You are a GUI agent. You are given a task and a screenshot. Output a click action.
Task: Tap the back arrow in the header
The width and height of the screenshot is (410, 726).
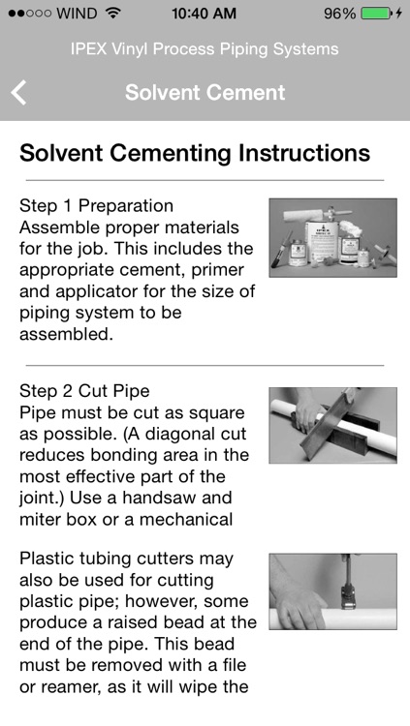point(18,93)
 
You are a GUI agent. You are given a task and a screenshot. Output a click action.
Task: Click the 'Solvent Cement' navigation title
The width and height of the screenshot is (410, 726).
point(205,93)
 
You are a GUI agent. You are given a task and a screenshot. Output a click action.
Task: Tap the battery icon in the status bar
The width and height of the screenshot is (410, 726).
point(375,15)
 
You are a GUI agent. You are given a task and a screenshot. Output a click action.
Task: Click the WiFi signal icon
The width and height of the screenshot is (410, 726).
point(113,15)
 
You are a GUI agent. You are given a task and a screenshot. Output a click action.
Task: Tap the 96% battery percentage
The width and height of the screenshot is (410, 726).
point(339,15)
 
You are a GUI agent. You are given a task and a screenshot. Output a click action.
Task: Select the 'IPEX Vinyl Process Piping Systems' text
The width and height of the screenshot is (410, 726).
point(205,49)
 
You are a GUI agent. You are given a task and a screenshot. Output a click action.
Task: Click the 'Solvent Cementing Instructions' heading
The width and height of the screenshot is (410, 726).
point(195,153)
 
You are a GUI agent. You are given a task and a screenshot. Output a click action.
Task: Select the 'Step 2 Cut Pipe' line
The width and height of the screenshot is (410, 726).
point(84,391)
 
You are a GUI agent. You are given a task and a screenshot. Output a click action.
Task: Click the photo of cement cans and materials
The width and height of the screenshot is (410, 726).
point(332,237)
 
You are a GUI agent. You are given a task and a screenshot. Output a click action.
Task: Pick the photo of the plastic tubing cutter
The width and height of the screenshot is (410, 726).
point(332,591)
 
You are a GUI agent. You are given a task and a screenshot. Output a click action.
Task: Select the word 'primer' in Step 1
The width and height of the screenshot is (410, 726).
point(229,270)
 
